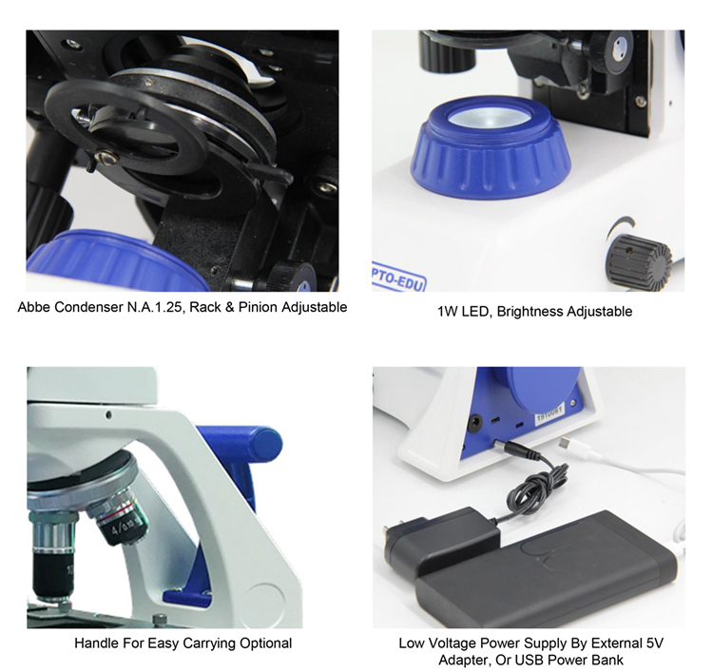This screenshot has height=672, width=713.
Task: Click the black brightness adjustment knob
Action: pyautogui.click(x=640, y=260)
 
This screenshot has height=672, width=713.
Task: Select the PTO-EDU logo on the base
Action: pyautogui.click(x=398, y=277)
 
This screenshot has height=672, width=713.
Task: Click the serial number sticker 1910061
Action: pyautogui.click(x=549, y=413)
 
